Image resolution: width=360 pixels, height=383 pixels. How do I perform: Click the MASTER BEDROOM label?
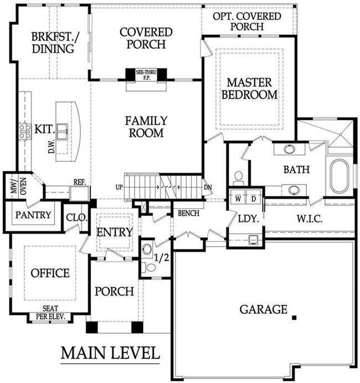pos(249,89)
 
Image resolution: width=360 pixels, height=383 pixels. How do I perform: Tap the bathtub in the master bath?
pos(339,176)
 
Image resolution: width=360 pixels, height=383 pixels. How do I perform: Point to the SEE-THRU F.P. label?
pos(146,75)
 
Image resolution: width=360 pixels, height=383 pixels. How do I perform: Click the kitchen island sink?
pos(62,131)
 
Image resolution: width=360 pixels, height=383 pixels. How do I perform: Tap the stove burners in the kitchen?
pos(25,131)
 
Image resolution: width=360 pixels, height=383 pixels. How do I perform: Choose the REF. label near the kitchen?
pos(80,182)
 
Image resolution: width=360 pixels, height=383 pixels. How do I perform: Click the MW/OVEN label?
pos(19,186)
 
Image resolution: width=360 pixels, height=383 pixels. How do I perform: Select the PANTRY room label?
pos(33,215)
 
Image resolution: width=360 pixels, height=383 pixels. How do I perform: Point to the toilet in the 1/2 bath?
pos(149,268)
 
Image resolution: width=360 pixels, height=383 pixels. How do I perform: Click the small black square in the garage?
pos(294,318)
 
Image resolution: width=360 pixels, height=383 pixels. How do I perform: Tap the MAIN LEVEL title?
pos(110,353)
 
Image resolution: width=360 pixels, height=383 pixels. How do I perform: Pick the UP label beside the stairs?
pos(119,187)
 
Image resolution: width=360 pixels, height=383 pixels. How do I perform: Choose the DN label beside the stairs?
pos(208,187)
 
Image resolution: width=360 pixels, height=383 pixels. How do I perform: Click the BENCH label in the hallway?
pos(188,213)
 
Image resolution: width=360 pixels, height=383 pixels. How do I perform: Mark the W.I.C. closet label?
pos(310,218)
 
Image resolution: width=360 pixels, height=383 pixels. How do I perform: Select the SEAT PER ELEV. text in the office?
pos(50,313)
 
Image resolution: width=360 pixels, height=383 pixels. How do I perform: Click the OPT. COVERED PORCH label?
pos(247,21)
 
